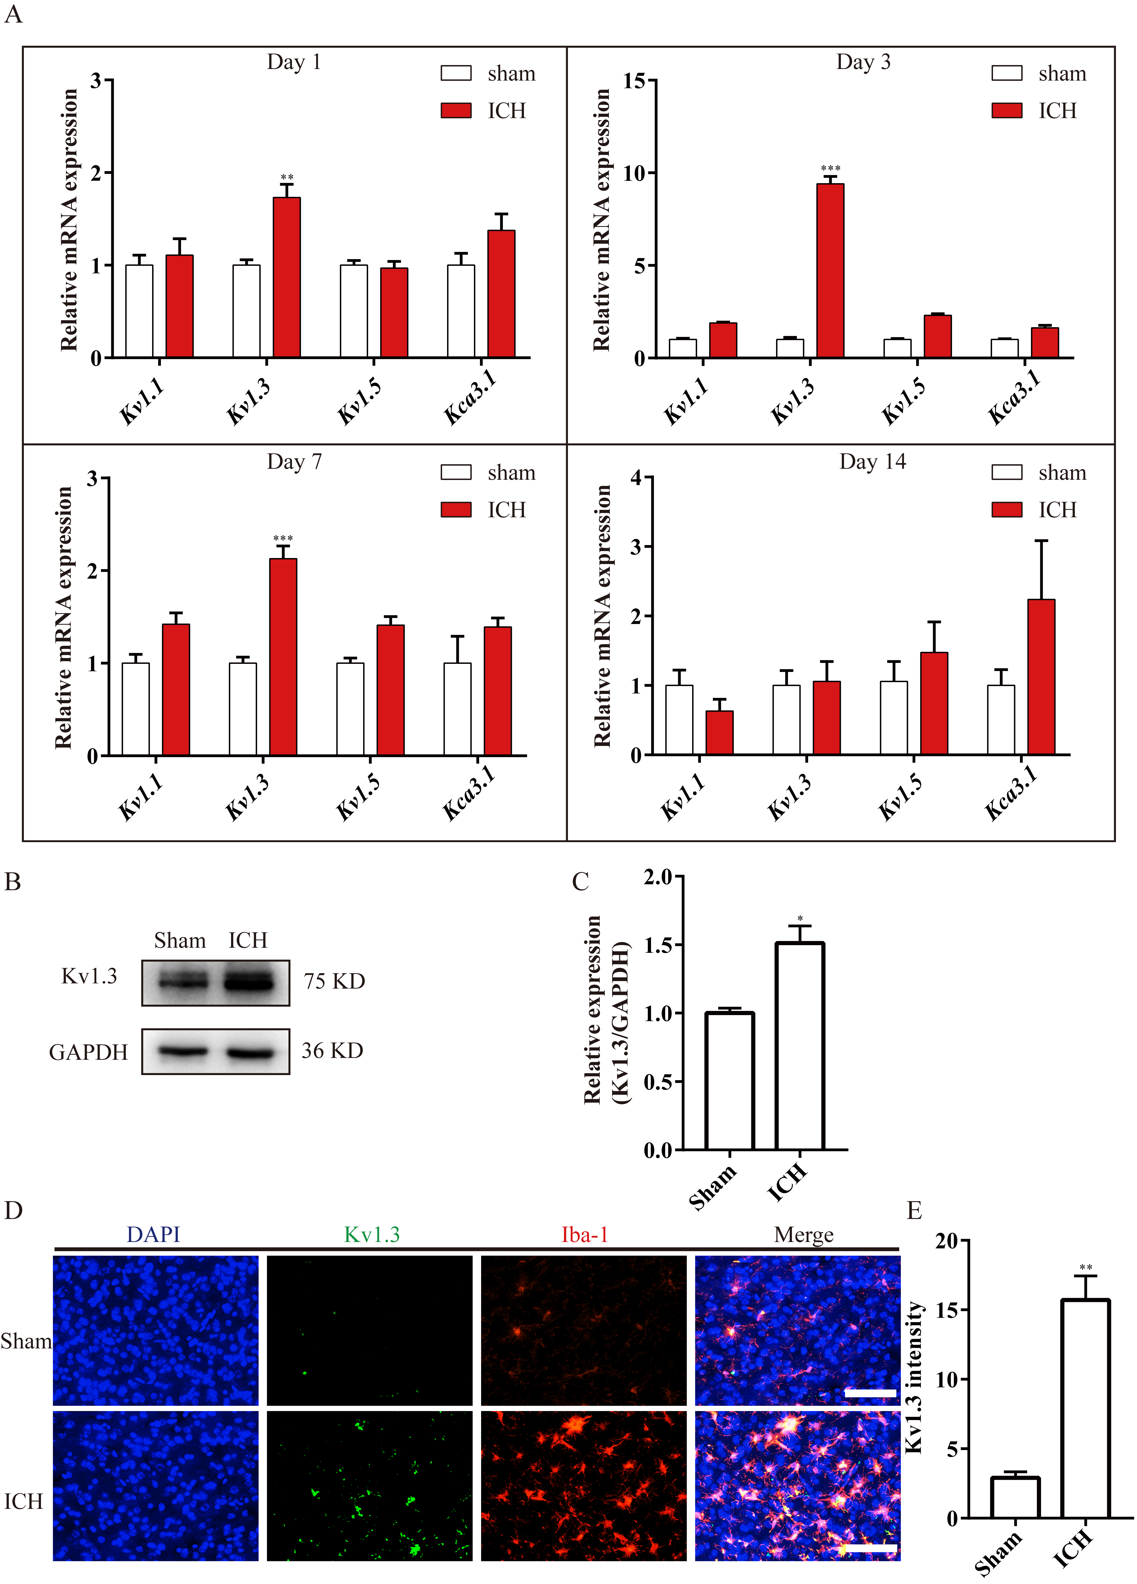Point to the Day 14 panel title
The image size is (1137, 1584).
pos(872,462)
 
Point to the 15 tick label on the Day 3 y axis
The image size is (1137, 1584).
pos(634,81)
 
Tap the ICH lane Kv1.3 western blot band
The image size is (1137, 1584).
pos(248,983)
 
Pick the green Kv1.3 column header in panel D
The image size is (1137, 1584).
pos(372,1235)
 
